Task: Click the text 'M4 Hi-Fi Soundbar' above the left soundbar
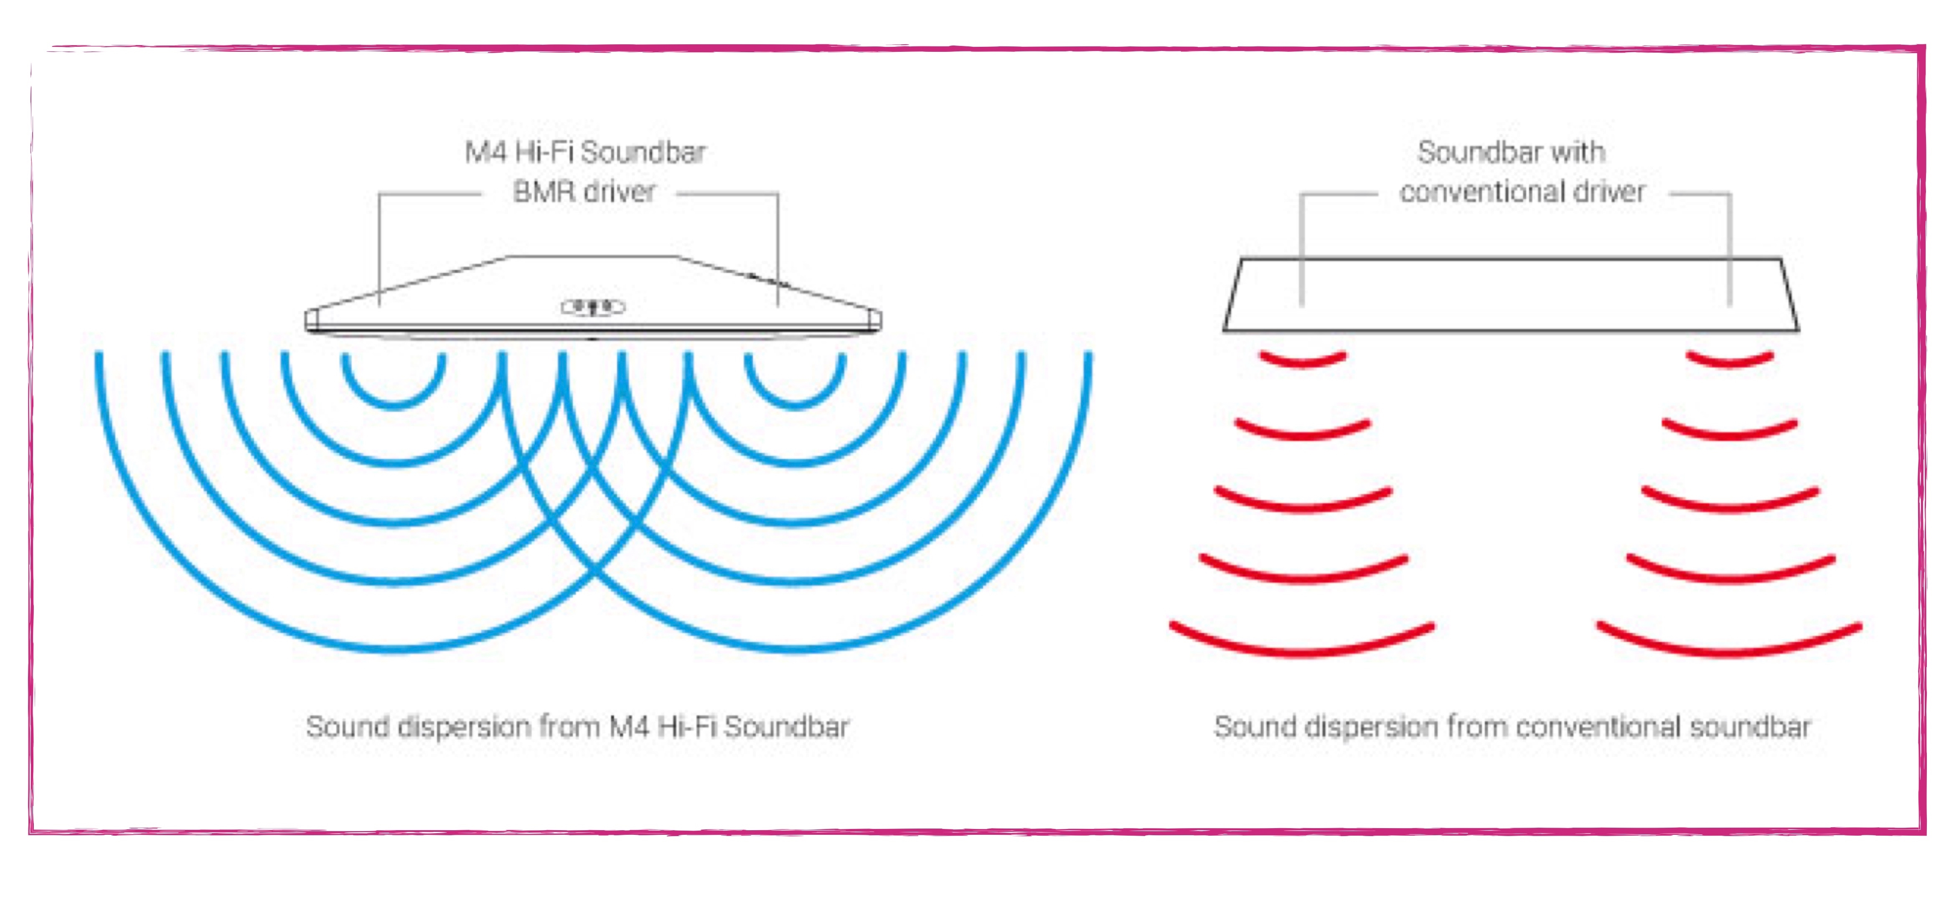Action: coord(585,153)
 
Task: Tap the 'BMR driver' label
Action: coord(584,191)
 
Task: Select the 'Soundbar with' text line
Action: coord(1511,153)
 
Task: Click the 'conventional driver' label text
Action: coord(1522,191)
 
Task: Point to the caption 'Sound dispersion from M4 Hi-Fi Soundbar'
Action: coord(577,727)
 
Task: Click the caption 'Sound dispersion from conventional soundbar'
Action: coord(1512,727)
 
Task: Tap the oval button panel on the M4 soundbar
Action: coord(592,307)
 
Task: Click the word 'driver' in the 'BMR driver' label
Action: coord(620,191)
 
